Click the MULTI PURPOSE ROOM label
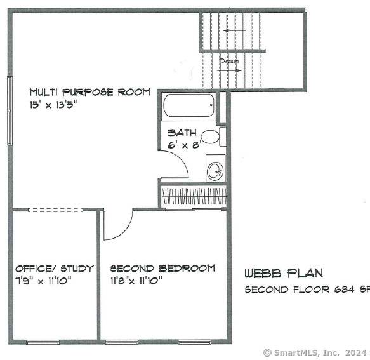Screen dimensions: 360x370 click(89, 92)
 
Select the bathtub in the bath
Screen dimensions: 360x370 click(188, 106)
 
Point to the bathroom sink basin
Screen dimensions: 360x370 click(215, 170)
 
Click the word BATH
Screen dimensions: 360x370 click(182, 133)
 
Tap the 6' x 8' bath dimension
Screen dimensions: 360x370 click(184, 145)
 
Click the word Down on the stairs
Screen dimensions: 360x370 click(228, 62)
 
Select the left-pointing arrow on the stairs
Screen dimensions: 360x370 click(233, 30)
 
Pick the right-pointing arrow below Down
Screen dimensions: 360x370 click(228, 71)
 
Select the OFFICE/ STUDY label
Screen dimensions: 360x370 click(54, 269)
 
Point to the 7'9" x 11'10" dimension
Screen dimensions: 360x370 click(44, 280)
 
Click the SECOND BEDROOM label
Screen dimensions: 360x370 click(162, 269)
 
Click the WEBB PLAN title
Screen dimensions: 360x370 click(284, 274)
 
